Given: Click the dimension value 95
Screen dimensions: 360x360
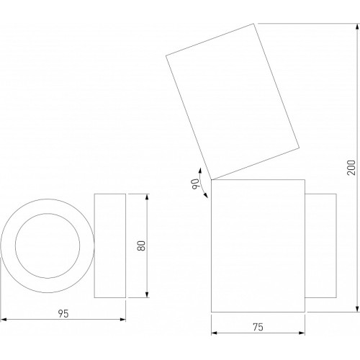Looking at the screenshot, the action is tap(63, 314).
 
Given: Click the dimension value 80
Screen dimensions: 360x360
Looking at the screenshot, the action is tap(141, 246).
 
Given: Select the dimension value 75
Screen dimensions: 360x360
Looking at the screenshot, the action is tap(258, 327).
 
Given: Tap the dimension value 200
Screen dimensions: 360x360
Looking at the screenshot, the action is tap(351, 168).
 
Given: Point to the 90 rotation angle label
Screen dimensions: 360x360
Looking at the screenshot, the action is tap(197, 184).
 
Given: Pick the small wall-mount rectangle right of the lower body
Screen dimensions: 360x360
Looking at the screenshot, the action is tap(336, 246).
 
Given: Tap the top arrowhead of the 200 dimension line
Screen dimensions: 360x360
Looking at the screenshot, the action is tap(357, 27).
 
